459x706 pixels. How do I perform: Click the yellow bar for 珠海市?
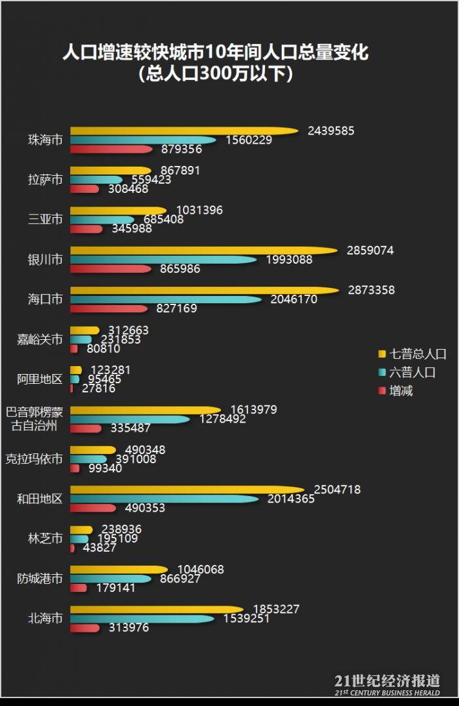tap(184, 131)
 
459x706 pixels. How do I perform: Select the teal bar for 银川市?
tap(164, 260)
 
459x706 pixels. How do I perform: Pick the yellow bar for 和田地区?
tap(187, 489)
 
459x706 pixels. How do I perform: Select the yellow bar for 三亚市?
tap(118, 211)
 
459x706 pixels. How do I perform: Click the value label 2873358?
tap(371, 290)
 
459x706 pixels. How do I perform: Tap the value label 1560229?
tap(249, 140)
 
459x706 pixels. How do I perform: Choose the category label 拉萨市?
tap(45, 180)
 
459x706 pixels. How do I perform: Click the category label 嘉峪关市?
tap(40, 340)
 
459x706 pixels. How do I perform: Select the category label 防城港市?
tap(40, 579)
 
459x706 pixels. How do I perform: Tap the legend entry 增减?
tap(401, 391)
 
